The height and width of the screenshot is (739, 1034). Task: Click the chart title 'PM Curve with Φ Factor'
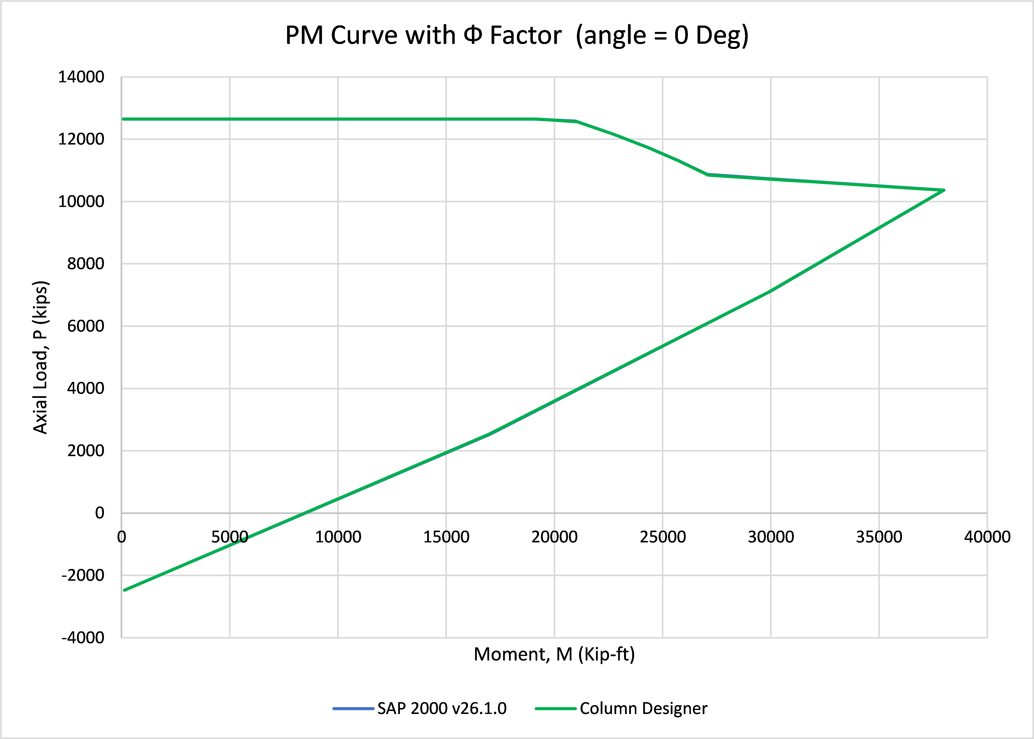pos(423,35)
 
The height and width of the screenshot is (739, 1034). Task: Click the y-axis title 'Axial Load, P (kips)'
pos(41,357)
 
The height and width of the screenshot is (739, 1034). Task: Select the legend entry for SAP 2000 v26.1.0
pos(420,709)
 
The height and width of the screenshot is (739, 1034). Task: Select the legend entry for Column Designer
pos(621,709)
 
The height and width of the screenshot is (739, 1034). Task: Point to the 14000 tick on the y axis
pos(81,77)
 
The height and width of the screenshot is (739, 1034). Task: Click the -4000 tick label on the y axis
pos(83,638)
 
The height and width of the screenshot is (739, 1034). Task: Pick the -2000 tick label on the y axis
pos(83,575)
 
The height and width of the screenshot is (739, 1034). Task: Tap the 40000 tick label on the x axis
pos(987,537)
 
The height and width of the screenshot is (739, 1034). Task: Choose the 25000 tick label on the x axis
pos(663,537)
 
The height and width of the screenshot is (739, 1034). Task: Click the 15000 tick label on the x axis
pos(446,537)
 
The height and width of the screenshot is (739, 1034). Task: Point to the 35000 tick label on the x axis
pos(879,537)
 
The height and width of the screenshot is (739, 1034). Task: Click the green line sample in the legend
pos(556,709)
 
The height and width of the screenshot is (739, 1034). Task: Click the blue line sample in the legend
pos(353,709)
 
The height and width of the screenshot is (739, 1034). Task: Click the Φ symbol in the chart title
pos(473,35)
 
